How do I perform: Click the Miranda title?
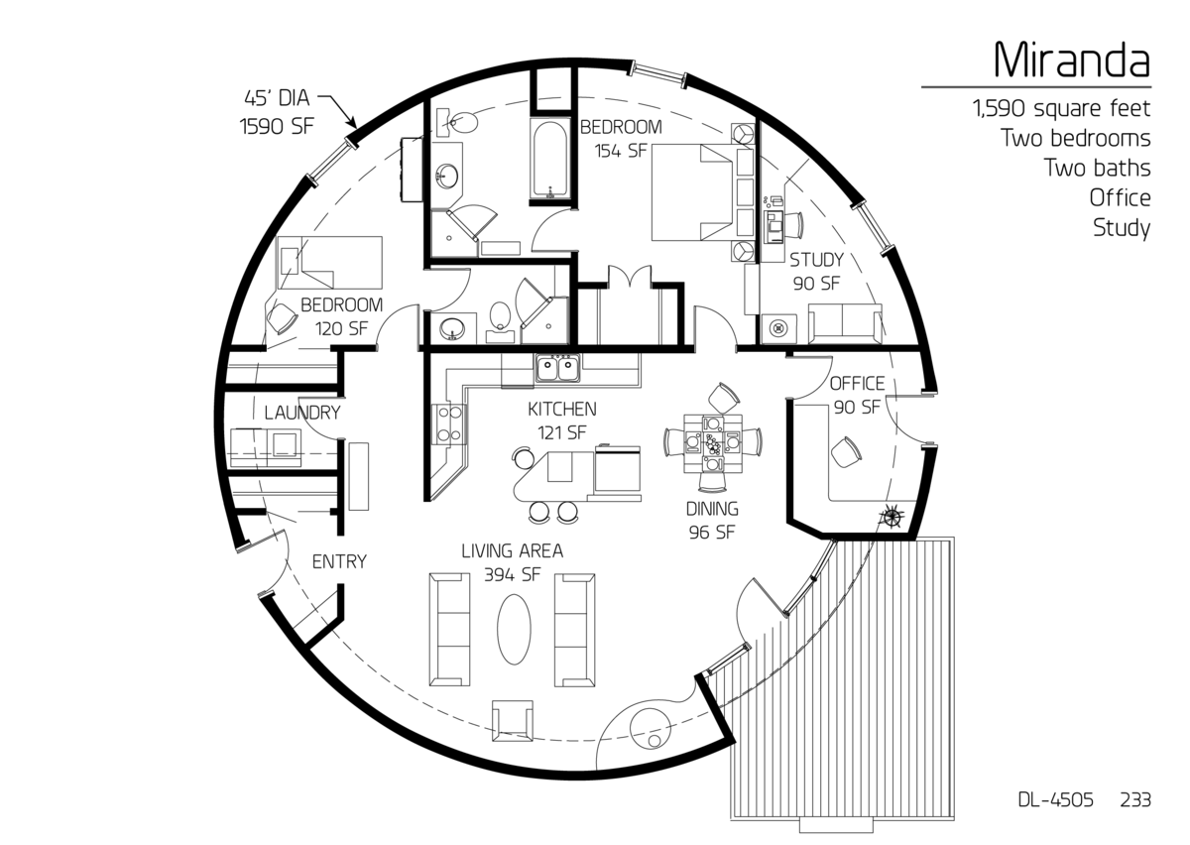point(1072,59)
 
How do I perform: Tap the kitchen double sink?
point(557,369)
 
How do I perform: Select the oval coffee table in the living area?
point(514,629)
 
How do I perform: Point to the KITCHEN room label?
point(562,409)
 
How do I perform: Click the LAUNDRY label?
point(302,413)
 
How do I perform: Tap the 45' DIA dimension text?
point(277,98)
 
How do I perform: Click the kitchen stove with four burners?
point(450,423)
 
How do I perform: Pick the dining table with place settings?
point(712,442)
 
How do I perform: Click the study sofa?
point(845,323)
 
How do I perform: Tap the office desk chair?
point(846,452)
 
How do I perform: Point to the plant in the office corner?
point(891,516)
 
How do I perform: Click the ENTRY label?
point(339,561)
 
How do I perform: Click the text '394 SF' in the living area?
point(512,574)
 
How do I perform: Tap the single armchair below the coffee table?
point(512,720)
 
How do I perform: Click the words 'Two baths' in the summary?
point(1098,168)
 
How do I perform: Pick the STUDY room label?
point(816,260)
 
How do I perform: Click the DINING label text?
point(712,509)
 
